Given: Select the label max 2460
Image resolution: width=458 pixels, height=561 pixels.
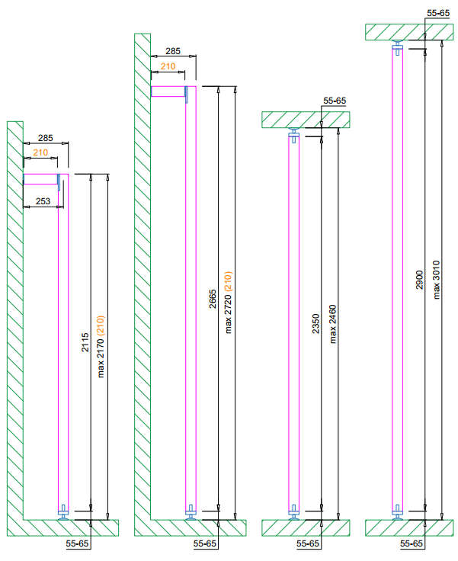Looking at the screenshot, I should point(332,324).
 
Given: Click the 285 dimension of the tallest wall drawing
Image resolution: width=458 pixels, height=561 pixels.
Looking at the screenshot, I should point(173,51).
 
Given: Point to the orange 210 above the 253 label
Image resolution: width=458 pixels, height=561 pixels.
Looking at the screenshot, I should point(40,153).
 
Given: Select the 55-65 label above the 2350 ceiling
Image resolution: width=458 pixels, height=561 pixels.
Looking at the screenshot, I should point(335,101).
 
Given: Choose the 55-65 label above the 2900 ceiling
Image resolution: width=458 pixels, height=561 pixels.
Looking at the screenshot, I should point(438,13).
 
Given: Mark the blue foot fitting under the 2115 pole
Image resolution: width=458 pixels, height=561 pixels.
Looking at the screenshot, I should point(63,512).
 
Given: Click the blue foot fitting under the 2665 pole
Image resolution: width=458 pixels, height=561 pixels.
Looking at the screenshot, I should point(191,512).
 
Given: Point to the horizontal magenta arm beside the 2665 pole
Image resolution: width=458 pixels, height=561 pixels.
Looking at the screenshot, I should point(168,92).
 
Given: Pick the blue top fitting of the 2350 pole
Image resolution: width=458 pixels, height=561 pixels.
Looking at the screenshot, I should point(294,136).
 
